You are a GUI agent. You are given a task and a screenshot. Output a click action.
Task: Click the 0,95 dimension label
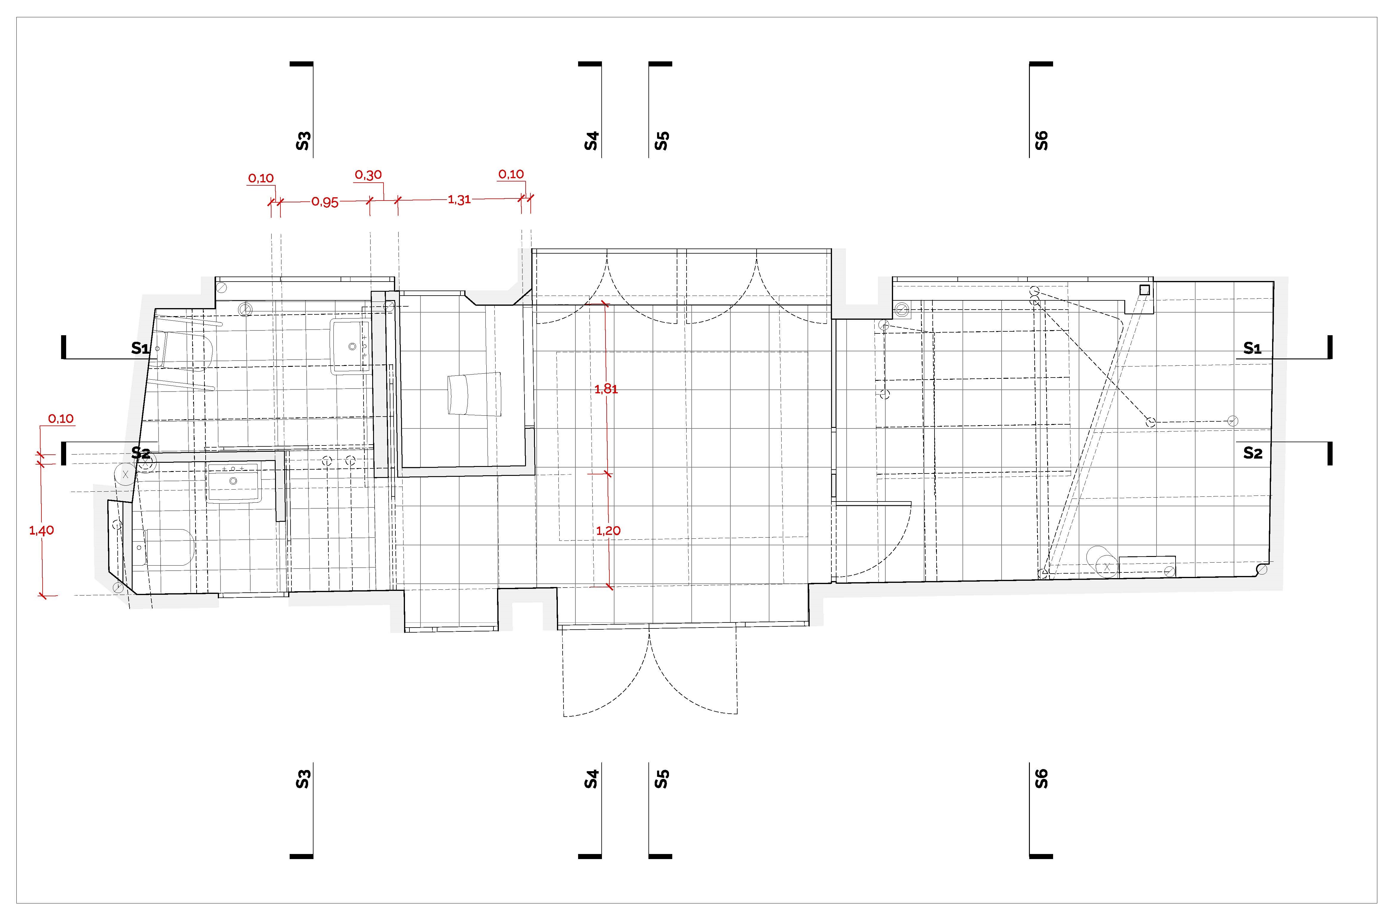tap(325, 202)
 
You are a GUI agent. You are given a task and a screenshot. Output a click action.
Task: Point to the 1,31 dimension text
tap(459, 200)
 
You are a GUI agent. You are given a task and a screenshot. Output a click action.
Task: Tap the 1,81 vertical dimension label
tap(606, 389)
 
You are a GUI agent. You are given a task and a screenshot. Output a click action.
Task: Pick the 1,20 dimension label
tap(608, 531)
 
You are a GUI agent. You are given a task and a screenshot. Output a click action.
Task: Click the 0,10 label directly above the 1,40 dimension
tap(61, 419)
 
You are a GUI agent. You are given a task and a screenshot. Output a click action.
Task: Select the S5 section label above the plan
tap(662, 141)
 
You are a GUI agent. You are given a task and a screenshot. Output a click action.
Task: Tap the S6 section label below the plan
tap(1041, 778)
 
